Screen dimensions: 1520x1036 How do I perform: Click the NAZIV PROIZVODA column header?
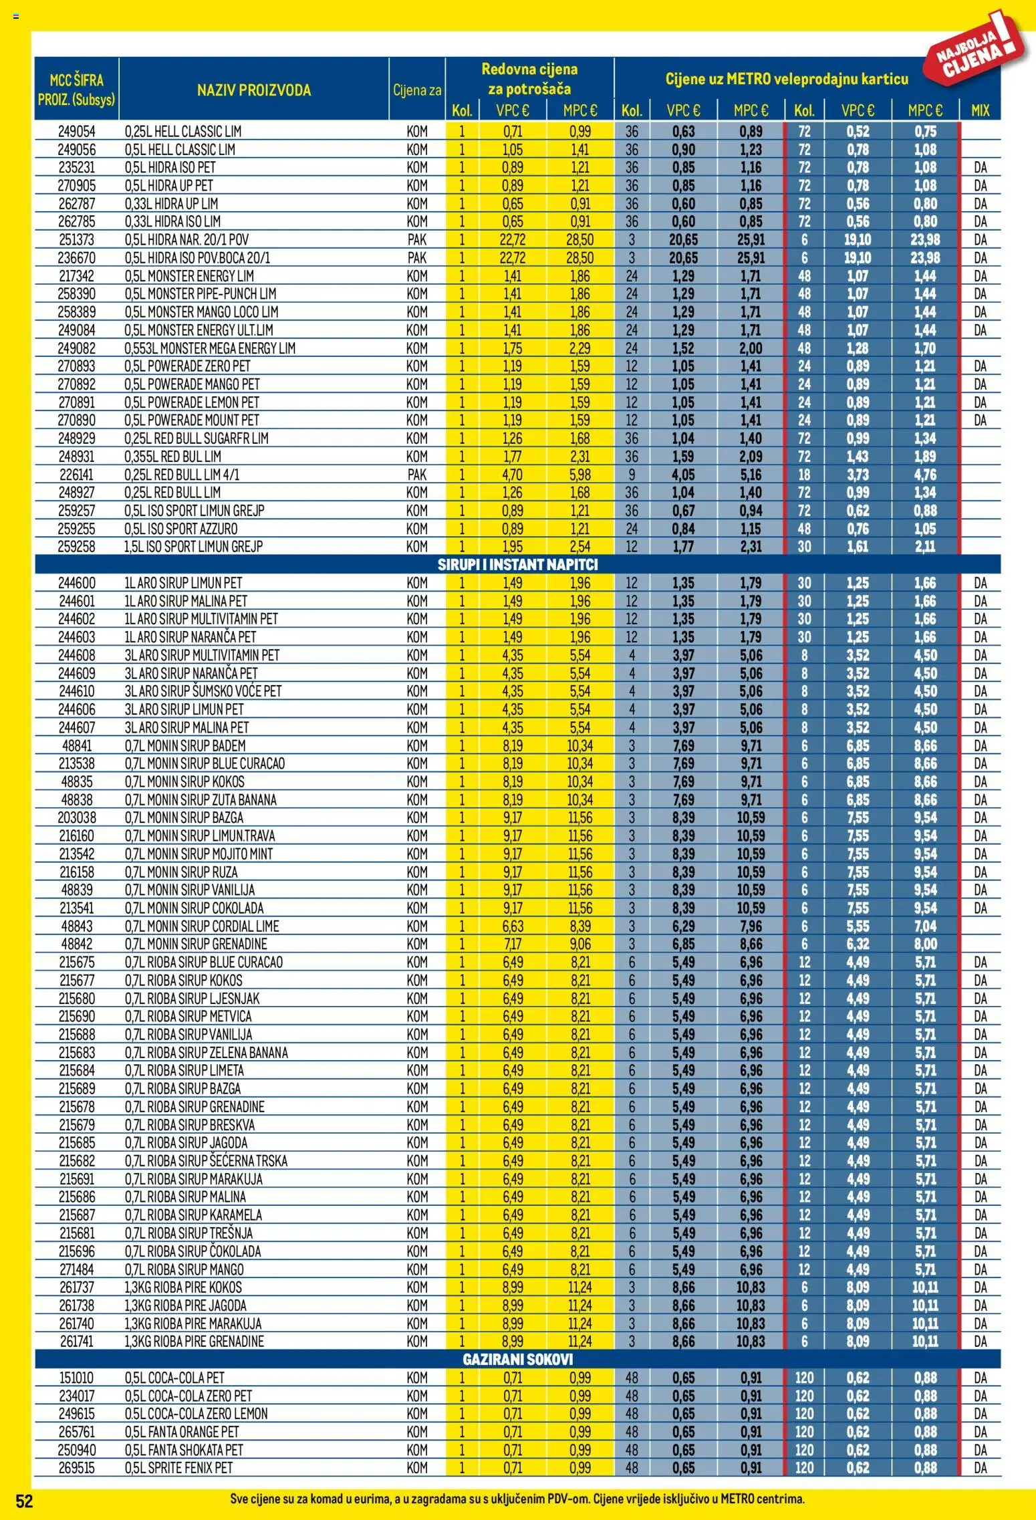click(253, 90)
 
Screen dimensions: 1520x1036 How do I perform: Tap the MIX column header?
click(980, 110)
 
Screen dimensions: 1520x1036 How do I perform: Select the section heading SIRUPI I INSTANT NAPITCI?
click(517, 564)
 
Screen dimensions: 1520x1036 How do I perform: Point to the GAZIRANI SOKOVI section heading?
click(517, 1359)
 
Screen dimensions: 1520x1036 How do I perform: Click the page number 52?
click(24, 1501)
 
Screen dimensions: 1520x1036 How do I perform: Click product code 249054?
click(76, 132)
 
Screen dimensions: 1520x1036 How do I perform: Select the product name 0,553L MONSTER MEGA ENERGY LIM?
click(210, 348)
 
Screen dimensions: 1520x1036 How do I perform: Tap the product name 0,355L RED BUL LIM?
click(172, 457)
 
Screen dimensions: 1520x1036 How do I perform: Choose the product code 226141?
click(76, 475)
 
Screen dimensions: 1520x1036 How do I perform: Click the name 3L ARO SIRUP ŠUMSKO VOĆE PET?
click(203, 691)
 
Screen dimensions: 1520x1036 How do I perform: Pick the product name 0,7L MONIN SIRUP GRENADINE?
click(196, 944)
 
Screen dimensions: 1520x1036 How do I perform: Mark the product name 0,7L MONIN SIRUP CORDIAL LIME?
click(202, 926)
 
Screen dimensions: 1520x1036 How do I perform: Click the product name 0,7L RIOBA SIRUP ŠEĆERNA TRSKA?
click(206, 1161)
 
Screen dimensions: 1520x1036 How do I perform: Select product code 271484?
click(76, 1269)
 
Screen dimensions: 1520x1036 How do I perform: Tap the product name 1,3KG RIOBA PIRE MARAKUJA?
click(193, 1323)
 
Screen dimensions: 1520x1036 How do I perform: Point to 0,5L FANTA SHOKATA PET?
click(184, 1450)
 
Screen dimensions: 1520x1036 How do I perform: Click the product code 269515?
click(76, 1468)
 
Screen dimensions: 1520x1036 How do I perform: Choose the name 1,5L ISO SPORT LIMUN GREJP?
click(194, 547)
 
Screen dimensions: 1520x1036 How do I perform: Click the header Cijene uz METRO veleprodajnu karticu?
click(787, 79)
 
